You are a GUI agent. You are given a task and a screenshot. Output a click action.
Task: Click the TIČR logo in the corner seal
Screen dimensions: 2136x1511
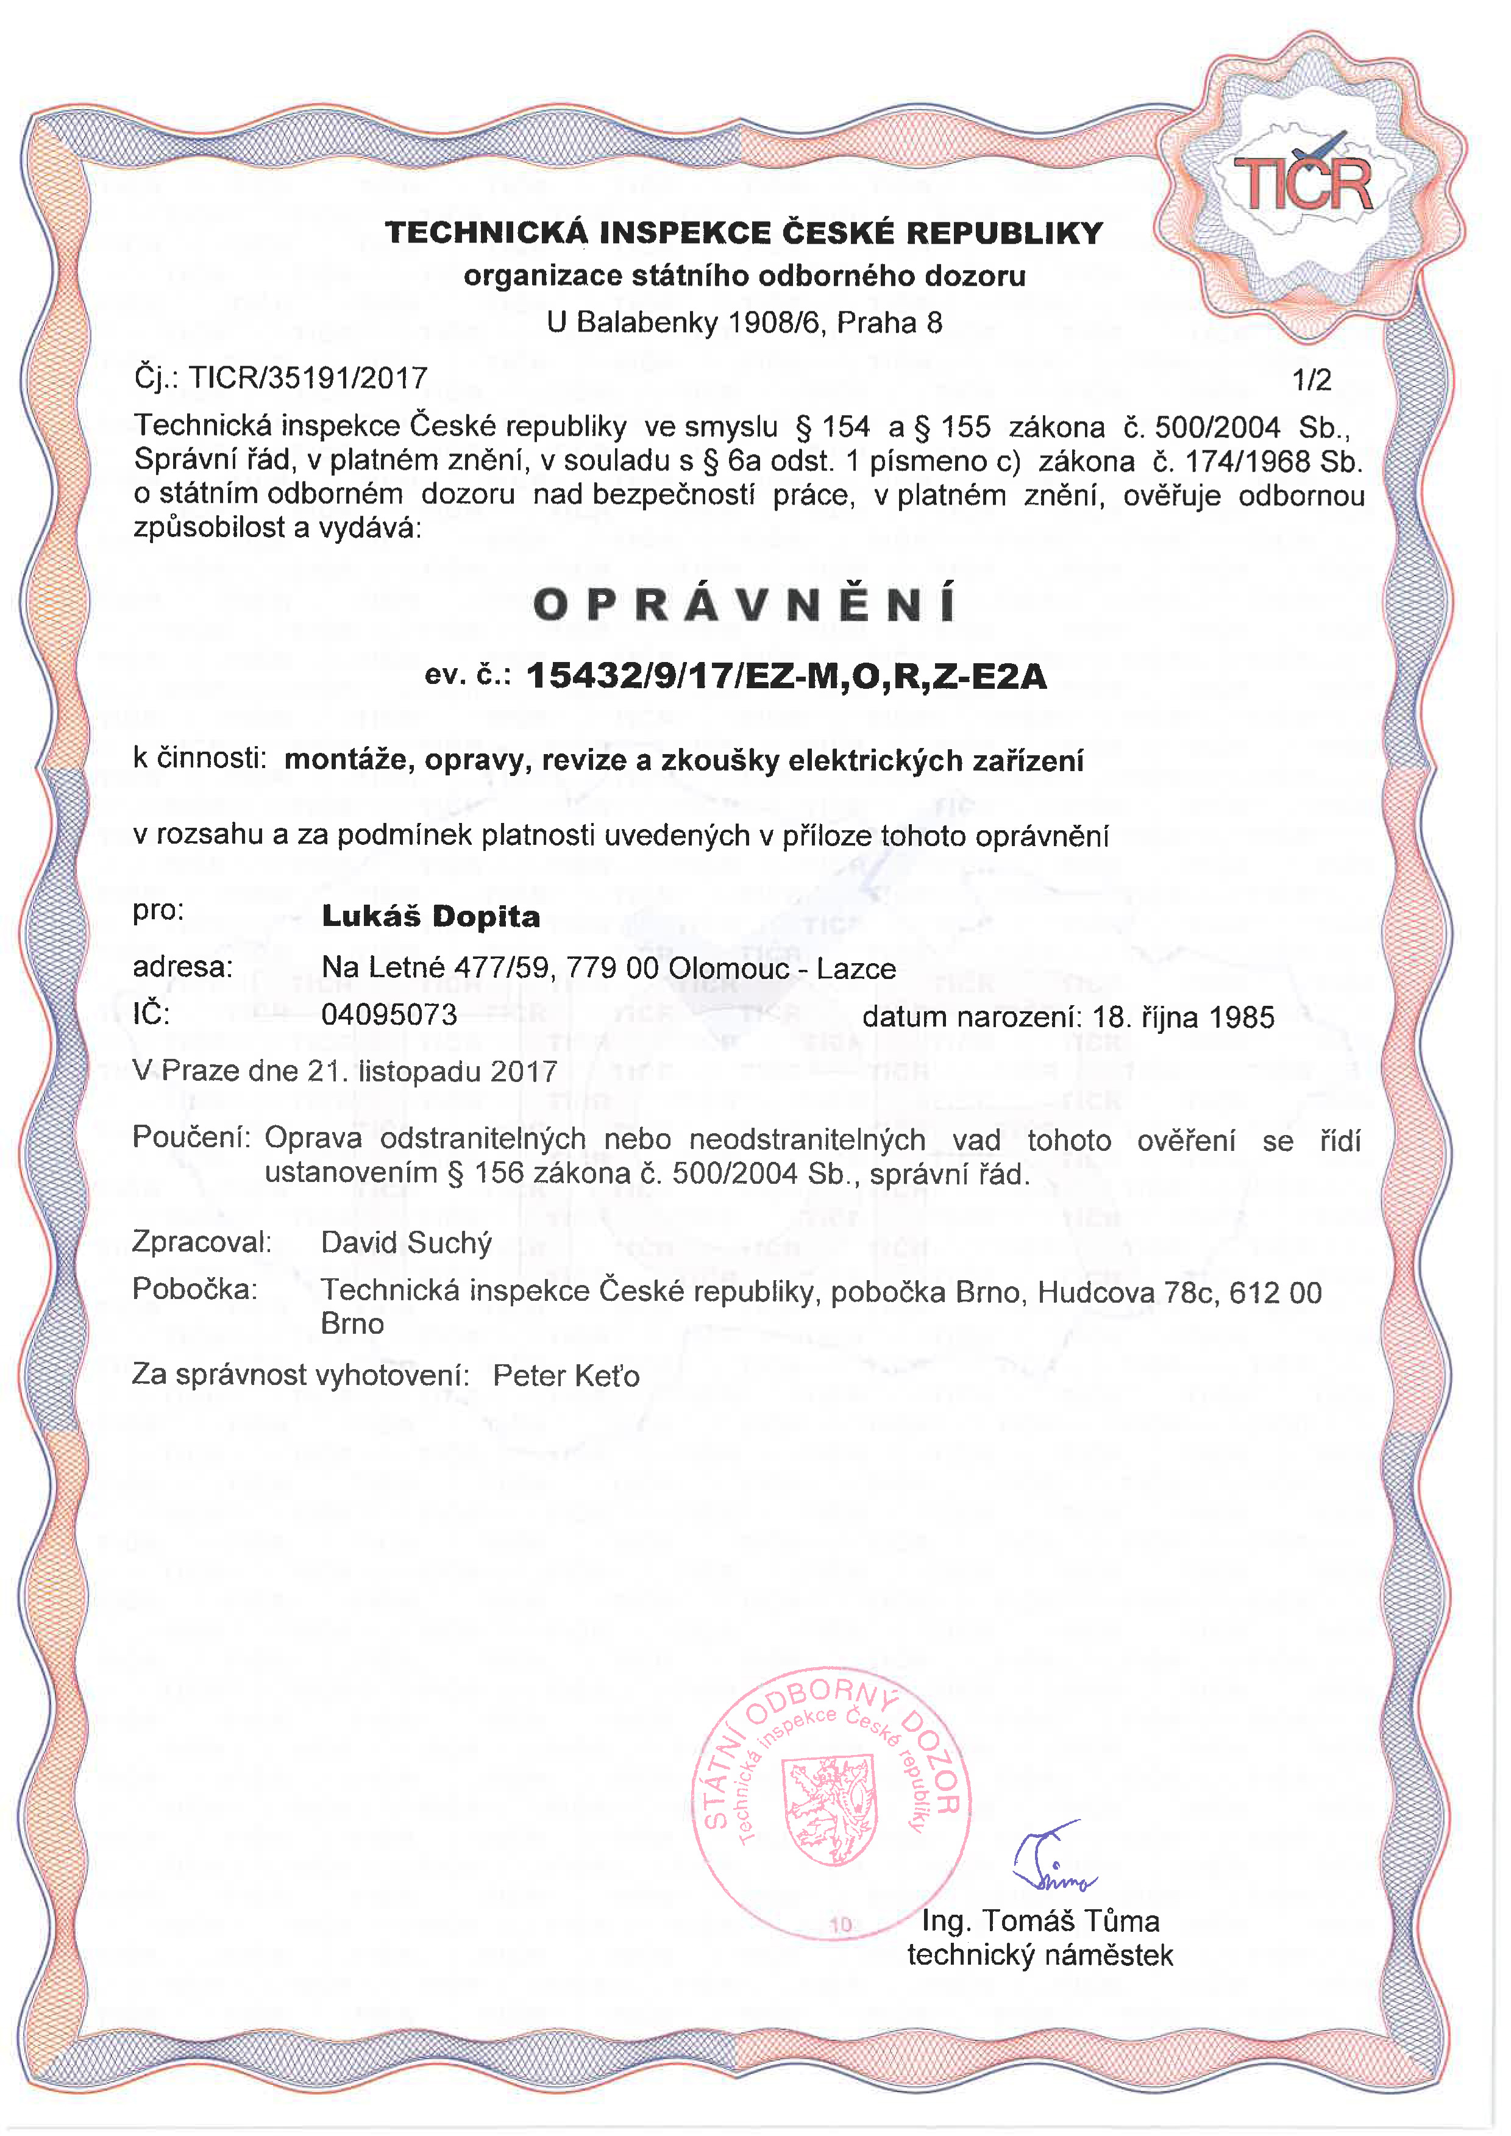pos(1303,182)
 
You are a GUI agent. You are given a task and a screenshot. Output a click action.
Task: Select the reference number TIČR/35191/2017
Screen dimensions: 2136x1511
pos(308,378)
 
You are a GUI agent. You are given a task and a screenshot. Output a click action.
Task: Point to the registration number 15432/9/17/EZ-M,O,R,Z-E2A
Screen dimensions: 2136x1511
pos(786,676)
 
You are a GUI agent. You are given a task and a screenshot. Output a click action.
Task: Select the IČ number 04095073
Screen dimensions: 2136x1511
pos(389,1014)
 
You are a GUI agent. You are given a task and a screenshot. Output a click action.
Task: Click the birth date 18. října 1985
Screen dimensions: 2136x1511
pos(1182,1017)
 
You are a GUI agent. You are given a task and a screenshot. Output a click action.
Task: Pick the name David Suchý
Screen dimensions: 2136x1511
pos(406,1243)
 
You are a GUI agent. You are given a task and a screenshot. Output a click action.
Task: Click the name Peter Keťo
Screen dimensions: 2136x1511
pos(566,1375)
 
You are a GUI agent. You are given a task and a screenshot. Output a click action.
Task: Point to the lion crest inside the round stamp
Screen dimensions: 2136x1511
pos(831,1809)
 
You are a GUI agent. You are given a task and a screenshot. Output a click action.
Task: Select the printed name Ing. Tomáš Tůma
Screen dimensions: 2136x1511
pos(1040,1921)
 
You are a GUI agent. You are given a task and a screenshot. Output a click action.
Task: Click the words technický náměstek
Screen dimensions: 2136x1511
pos(1040,1956)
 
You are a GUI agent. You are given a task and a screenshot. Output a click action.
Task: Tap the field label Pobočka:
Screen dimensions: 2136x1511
pos(194,1289)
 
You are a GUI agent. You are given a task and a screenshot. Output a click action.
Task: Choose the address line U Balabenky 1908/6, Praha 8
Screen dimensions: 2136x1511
pos(744,323)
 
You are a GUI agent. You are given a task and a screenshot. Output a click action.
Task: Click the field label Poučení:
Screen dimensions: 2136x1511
pos(191,1137)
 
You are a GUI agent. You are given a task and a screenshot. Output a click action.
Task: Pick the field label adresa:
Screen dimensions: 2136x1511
pos(182,967)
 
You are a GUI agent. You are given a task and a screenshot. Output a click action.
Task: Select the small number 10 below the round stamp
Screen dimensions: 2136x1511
pos(840,1925)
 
